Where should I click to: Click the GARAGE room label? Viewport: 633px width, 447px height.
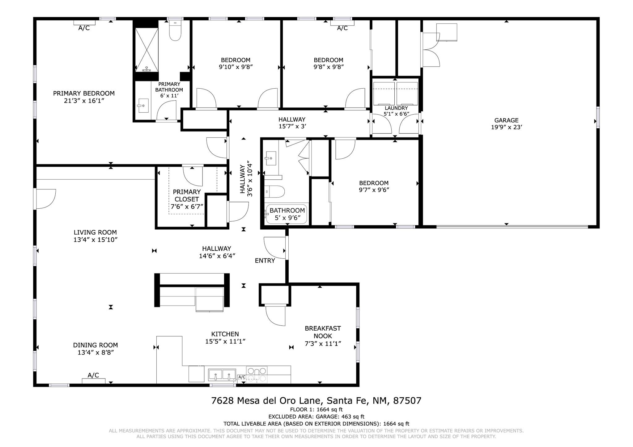(506, 120)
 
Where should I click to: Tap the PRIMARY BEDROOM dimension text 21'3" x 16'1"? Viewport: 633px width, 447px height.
(84, 101)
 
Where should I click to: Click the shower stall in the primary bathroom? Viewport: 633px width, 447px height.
(147, 50)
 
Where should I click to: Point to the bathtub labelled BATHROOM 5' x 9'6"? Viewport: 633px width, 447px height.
(287, 214)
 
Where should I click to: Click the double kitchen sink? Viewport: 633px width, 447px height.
(222, 375)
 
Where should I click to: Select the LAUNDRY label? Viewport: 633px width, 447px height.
(396, 108)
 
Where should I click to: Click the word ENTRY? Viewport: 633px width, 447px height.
(265, 261)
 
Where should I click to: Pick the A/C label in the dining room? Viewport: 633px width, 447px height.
(93, 375)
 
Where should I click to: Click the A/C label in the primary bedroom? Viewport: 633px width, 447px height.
(84, 28)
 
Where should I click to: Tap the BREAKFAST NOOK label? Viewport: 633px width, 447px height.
(323, 332)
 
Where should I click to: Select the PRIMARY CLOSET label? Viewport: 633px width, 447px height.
(186, 195)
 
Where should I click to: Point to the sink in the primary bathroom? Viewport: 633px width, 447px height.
(143, 106)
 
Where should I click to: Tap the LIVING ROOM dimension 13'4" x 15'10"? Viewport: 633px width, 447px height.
(96, 240)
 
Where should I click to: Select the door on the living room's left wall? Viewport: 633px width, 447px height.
(45, 198)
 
